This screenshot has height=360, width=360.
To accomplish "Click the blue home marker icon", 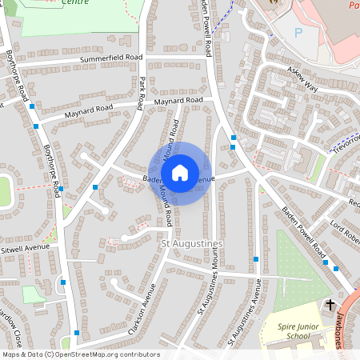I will pos(180,172).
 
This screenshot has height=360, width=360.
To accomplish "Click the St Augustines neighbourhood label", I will pos(192,242).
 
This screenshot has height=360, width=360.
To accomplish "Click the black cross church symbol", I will pos(330,305).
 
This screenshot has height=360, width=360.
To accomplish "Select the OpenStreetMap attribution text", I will pos(81,354).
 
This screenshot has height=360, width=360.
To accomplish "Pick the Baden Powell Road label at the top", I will pos(206,28).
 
